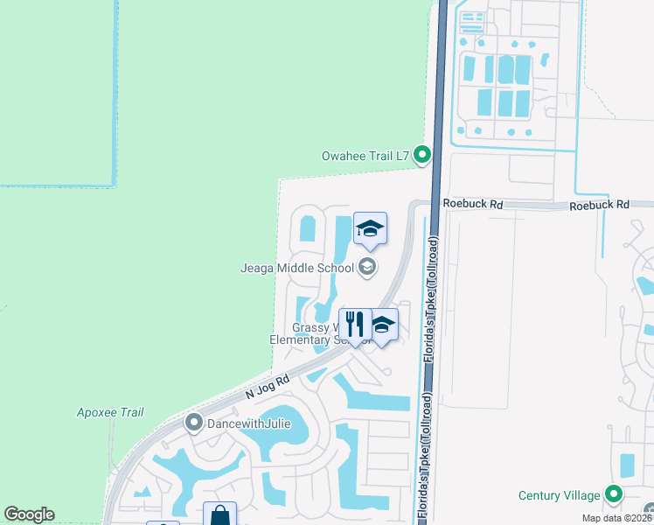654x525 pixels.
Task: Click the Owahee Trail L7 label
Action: point(365,157)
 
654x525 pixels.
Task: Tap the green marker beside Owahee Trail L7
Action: point(422,156)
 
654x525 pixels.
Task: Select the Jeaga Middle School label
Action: point(296,268)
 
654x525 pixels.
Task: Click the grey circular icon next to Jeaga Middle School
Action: point(367,268)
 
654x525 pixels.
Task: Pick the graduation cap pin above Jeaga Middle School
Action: point(370,229)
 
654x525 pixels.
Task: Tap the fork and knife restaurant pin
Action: point(355,325)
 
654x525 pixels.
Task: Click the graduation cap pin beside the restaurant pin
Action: point(382,326)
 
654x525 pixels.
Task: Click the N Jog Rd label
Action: point(267,384)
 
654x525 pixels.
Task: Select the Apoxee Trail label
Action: point(110,412)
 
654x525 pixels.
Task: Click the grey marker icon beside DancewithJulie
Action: point(194,424)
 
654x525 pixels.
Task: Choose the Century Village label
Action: point(560,495)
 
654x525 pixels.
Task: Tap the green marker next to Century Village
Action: point(615,495)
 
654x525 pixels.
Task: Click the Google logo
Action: point(29,514)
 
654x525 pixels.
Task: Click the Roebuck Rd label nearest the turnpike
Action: point(473,204)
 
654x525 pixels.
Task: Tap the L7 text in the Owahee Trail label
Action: point(401,157)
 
